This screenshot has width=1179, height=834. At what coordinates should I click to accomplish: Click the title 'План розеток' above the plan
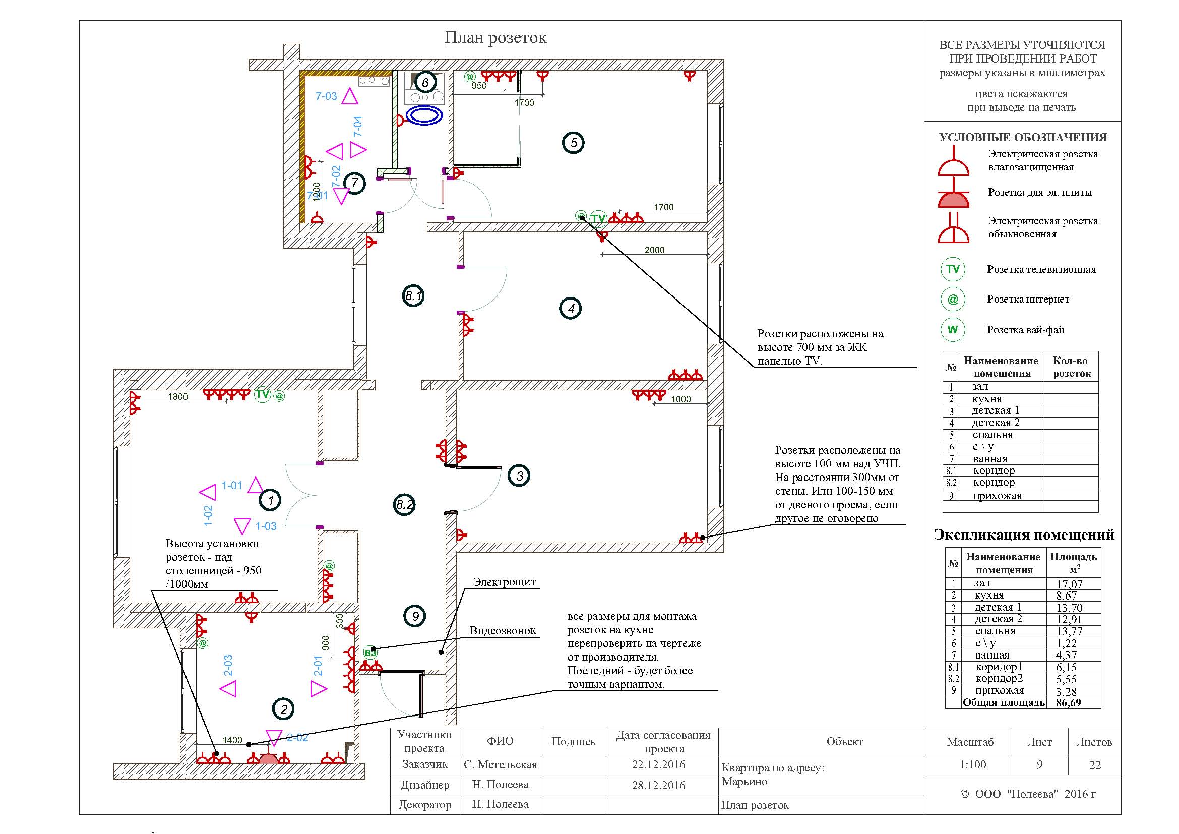coord(495,37)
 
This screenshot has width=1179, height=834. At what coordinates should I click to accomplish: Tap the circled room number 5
coord(574,143)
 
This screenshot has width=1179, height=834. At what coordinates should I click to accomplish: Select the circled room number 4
coord(571,309)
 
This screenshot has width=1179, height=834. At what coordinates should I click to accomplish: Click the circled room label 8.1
coord(413,296)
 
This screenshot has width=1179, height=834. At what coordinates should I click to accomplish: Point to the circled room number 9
coord(415,616)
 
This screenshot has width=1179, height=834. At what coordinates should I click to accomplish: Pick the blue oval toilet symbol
coord(424,115)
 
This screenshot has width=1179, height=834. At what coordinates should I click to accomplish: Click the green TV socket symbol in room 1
coord(263,394)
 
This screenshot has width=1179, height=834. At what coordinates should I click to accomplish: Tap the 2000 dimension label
coord(655,250)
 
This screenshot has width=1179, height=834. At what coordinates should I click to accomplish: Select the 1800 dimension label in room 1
coord(178,396)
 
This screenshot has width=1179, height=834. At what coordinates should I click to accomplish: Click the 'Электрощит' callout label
coord(504,582)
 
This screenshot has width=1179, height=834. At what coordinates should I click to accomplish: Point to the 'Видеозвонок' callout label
coord(503,631)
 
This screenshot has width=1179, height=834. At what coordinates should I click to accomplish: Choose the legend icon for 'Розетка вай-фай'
coord(953,330)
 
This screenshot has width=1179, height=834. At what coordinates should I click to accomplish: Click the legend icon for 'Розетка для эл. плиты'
coord(954,194)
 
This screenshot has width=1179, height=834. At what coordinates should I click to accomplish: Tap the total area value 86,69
coord(1069,702)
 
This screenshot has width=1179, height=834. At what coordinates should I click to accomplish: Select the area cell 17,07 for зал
coord(1069,584)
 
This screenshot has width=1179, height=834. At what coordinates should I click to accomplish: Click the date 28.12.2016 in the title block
coord(659,785)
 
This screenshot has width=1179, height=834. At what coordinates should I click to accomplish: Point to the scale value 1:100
coord(972,765)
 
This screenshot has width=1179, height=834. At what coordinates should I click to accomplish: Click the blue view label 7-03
coord(326,96)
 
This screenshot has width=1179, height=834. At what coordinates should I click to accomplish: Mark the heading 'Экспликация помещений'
coord(1024,535)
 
